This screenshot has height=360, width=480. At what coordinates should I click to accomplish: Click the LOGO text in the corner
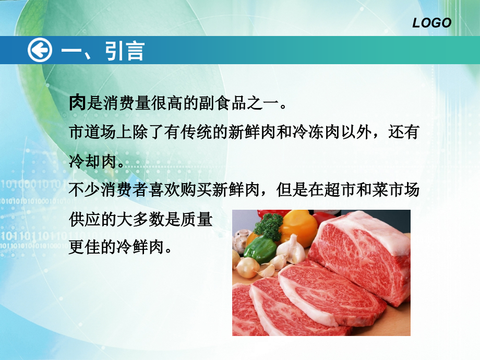coord(431,22)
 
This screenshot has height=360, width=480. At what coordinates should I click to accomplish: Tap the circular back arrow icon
coord(40,51)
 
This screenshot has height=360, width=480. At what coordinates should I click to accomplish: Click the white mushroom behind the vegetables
coord(241,241)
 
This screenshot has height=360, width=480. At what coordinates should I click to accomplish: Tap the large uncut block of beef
coord(365,256)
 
